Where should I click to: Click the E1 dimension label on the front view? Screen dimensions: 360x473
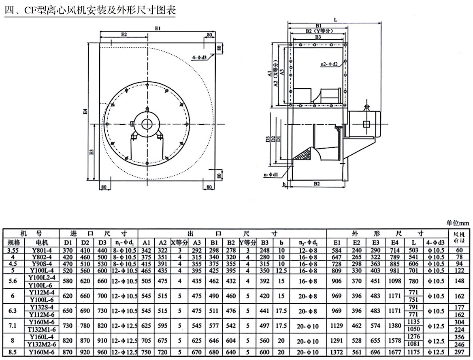pyautogui.click(x=158, y=28)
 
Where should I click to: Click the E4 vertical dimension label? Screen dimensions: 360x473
pyautogui.click(x=85, y=111)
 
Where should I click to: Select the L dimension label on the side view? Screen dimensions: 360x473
pyautogui.click(x=336, y=19)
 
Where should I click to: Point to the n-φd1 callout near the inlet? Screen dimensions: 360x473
pyautogui.click(x=270, y=175)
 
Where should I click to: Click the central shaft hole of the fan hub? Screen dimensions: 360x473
pyautogui.click(x=147, y=123)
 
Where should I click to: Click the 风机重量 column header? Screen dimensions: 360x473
pyautogui.click(x=458, y=237)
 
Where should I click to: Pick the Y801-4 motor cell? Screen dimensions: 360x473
pyautogui.click(x=42, y=250)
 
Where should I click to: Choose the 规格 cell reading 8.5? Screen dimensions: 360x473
pyautogui.click(x=13, y=352)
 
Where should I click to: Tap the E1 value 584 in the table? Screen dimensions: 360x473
pyautogui.click(x=337, y=250)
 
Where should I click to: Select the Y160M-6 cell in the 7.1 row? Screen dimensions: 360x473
pyautogui.click(x=42, y=322)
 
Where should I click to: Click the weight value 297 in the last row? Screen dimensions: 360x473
pyautogui.click(x=458, y=352)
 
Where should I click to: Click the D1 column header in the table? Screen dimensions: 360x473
pyautogui.click(x=67, y=242)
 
